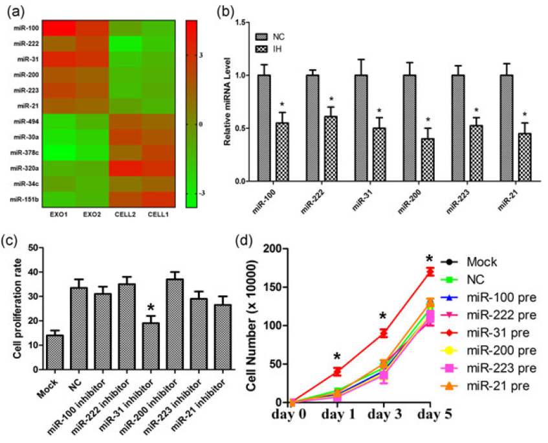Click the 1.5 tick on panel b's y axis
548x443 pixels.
[239, 23]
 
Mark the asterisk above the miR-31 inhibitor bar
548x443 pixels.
[150, 308]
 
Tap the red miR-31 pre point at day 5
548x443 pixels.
[429, 271]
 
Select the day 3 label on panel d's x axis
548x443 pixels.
[383, 415]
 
